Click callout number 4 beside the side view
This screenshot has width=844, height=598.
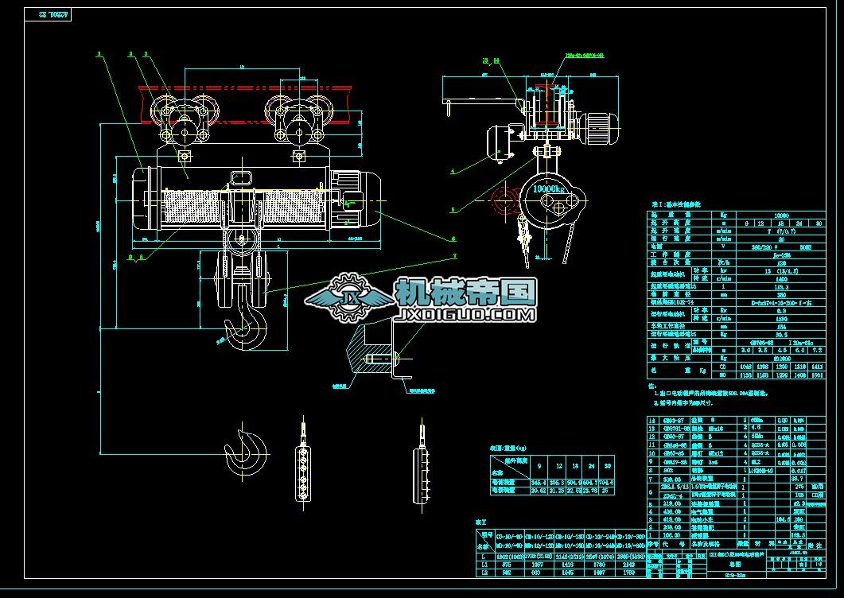[452, 170]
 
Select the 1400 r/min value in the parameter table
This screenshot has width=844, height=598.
[758, 278]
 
